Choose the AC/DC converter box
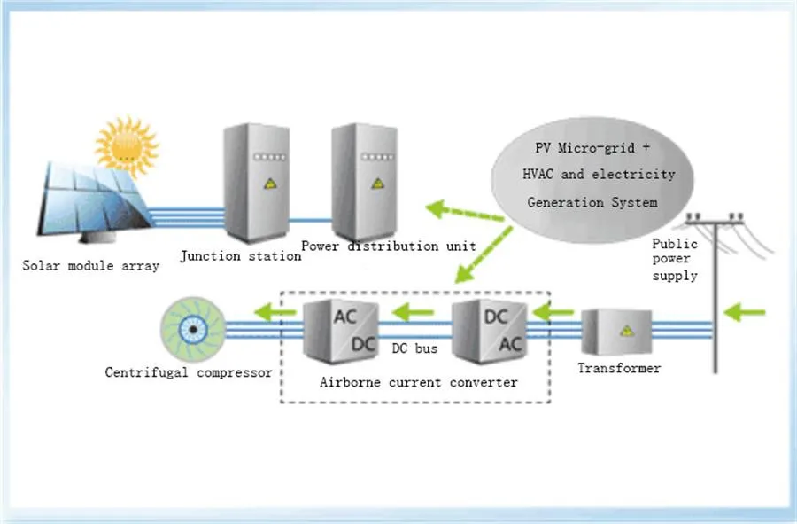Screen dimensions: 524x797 click(x=337, y=330)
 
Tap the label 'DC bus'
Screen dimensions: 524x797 click(x=414, y=348)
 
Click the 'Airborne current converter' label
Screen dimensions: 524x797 click(x=418, y=382)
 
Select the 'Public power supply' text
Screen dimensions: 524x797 click(x=675, y=260)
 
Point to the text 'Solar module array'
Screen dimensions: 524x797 click(x=92, y=266)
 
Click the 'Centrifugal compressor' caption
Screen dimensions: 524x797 click(x=189, y=372)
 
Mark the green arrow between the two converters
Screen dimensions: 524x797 click(x=414, y=311)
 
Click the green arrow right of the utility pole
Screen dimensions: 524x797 click(x=749, y=311)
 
